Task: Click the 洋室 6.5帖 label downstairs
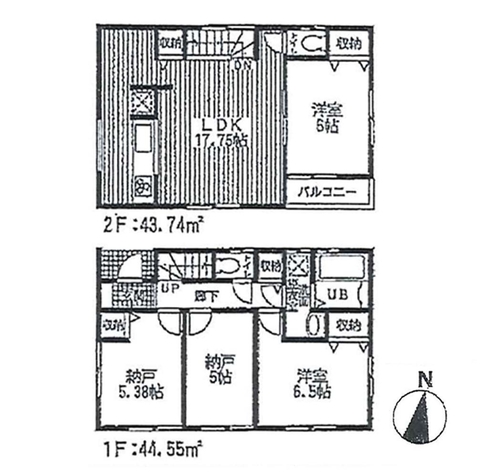click(x=313, y=385)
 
